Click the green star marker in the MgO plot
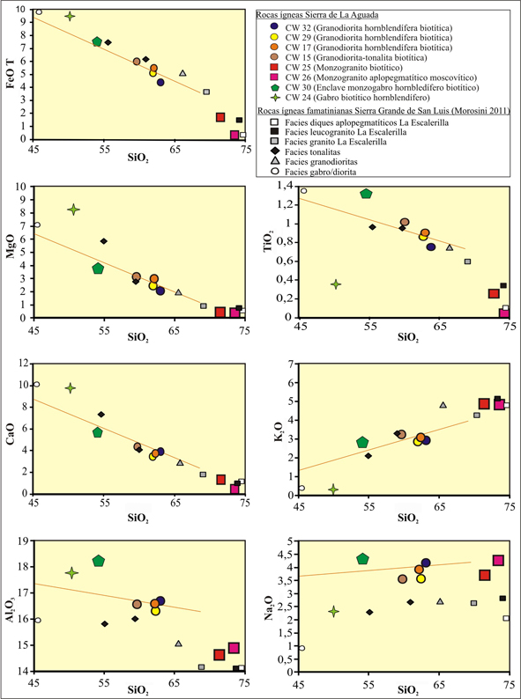(74, 210)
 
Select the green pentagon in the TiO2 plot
(366, 194)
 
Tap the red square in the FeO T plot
(220, 117)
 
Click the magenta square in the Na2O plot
(498, 561)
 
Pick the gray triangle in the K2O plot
(443, 405)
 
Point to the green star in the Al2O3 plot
(72, 573)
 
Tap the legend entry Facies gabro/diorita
(317, 172)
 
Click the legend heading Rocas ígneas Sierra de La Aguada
(317, 15)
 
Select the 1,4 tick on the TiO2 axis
(288, 187)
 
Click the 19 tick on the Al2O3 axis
(22, 541)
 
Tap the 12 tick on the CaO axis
(22, 364)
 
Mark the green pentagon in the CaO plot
(98, 432)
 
